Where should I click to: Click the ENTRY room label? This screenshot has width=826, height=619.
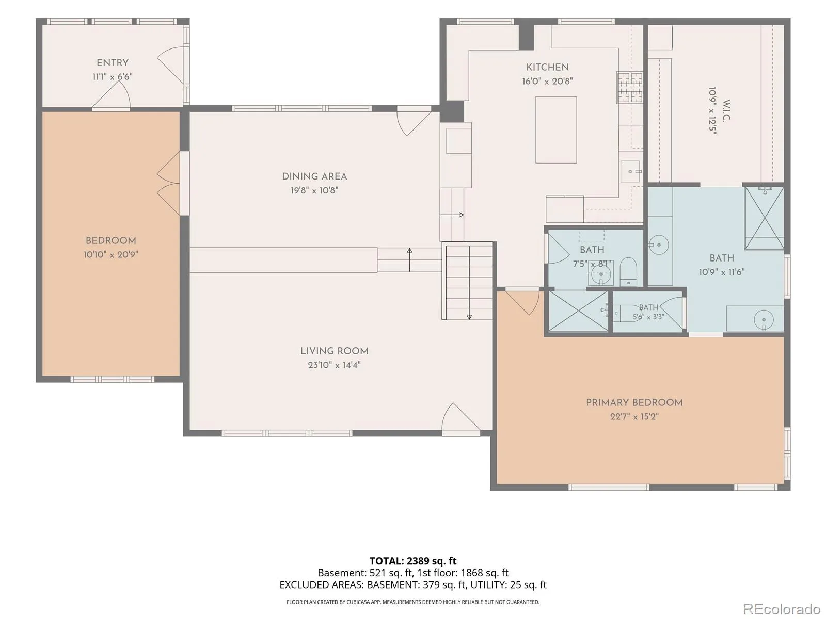pyautogui.click(x=112, y=63)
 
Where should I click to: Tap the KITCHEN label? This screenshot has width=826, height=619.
pyautogui.click(x=547, y=67)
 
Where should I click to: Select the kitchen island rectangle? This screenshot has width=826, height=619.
pyautogui.click(x=556, y=129)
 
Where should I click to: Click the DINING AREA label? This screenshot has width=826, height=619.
pyautogui.click(x=314, y=176)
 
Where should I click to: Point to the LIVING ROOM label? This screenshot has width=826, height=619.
pyautogui.click(x=334, y=351)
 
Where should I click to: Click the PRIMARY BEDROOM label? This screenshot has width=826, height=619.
pyautogui.click(x=634, y=402)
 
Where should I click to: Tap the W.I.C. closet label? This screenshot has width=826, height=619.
pyautogui.click(x=726, y=110)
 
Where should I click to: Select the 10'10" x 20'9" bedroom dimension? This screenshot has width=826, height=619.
pyautogui.click(x=110, y=254)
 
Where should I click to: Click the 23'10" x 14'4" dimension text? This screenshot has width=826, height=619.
pyautogui.click(x=334, y=365)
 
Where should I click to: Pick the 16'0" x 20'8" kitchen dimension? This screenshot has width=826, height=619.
pyautogui.click(x=547, y=81)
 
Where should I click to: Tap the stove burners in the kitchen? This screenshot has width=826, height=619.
pyautogui.click(x=629, y=87)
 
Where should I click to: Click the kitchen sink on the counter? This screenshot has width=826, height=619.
pyautogui.click(x=630, y=171)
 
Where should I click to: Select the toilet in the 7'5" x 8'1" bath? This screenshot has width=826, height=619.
pyautogui.click(x=628, y=271)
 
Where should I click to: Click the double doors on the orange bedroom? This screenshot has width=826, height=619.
pyautogui.click(x=169, y=184)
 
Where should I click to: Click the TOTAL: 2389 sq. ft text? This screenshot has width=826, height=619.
pyautogui.click(x=413, y=561)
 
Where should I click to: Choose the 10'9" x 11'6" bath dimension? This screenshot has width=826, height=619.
pyautogui.click(x=722, y=272)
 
